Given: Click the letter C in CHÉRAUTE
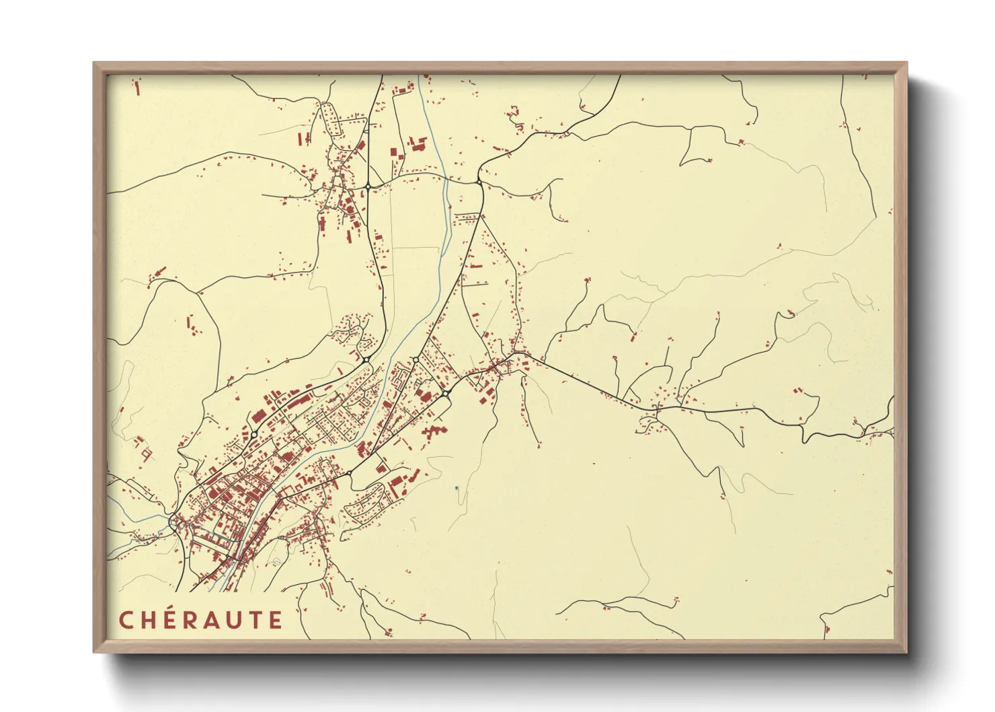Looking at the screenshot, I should (x=126, y=620).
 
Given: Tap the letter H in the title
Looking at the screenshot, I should (x=149, y=620).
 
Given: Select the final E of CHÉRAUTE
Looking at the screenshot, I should (x=276, y=620).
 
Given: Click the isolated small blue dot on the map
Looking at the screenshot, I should (x=456, y=488).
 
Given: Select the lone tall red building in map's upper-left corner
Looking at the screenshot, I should (x=138, y=87).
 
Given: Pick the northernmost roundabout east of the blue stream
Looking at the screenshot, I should (x=479, y=182).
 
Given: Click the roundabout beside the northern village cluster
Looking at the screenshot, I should (x=368, y=186).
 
